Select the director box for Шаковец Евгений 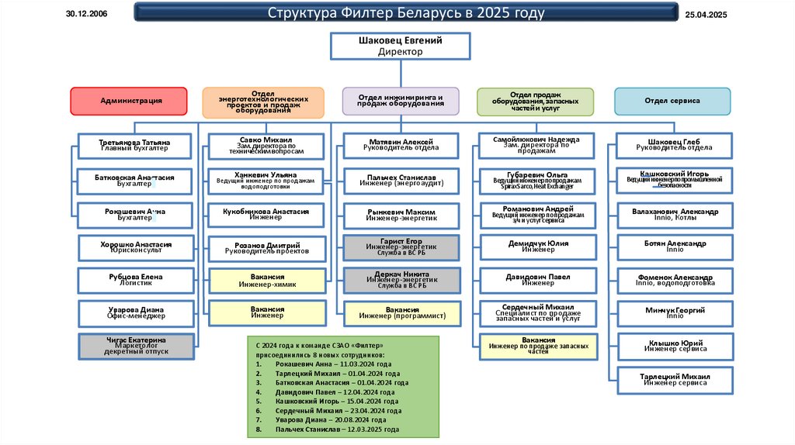coord(401,46)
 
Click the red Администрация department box coord(129,102)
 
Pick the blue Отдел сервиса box coord(672,102)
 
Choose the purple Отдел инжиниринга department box coord(401,102)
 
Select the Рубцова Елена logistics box coord(135,281)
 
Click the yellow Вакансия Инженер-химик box coord(266,281)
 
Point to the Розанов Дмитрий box coord(266,247)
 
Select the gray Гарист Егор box coord(401,247)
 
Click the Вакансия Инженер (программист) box coord(401,313)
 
